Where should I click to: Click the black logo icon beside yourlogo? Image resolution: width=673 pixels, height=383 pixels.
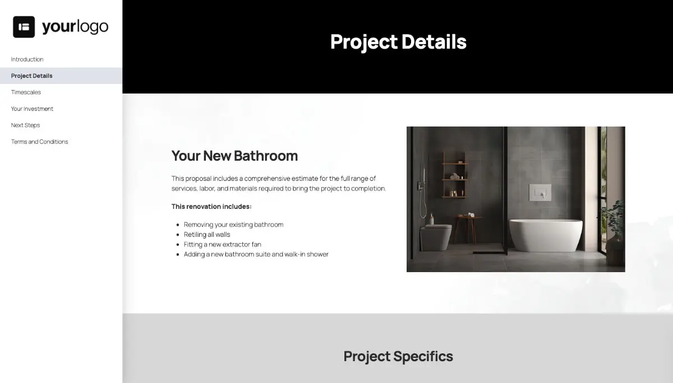[x=24, y=27]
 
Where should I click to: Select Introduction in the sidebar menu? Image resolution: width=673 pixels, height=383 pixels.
[x=27, y=59]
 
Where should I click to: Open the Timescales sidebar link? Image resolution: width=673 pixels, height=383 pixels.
[x=26, y=92]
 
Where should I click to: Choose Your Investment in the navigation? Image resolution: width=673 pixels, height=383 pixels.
[x=32, y=109]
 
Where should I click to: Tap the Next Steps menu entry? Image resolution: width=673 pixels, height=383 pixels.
[x=25, y=125]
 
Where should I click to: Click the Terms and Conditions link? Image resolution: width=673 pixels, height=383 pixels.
[x=39, y=142]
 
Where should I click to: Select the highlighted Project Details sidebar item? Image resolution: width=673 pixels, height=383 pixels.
[x=32, y=76]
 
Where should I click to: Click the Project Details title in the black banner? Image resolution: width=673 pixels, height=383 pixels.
[x=398, y=42]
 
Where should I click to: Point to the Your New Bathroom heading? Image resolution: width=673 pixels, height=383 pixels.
[x=234, y=156]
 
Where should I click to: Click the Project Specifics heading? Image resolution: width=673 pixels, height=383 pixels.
[x=398, y=356]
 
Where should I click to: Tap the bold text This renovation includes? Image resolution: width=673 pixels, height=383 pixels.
[x=211, y=207]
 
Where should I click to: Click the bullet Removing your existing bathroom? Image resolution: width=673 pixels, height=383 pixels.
[x=233, y=225]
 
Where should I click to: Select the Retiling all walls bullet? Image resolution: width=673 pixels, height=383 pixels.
[x=207, y=235]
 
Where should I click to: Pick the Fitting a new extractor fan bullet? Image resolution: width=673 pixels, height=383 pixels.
[x=222, y=244]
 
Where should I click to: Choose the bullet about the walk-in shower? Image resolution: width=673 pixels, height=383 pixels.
[x=256, y=254]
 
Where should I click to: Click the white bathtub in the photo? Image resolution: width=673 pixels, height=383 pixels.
[x=546, y=235]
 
